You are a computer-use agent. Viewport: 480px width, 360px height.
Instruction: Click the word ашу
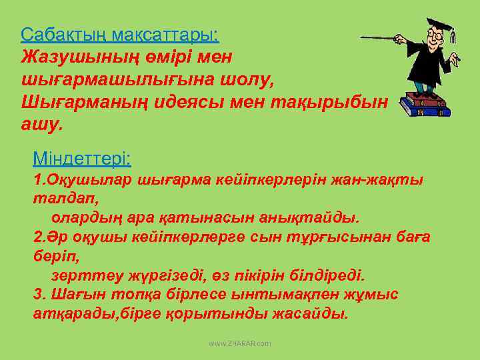[x=41, y=125]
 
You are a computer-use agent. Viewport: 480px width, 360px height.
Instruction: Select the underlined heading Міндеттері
[x=81, y=159]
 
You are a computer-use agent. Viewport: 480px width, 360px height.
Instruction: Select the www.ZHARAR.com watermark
[x=240, y=343]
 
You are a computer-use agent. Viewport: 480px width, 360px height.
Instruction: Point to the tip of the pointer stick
[x=362, y=38]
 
